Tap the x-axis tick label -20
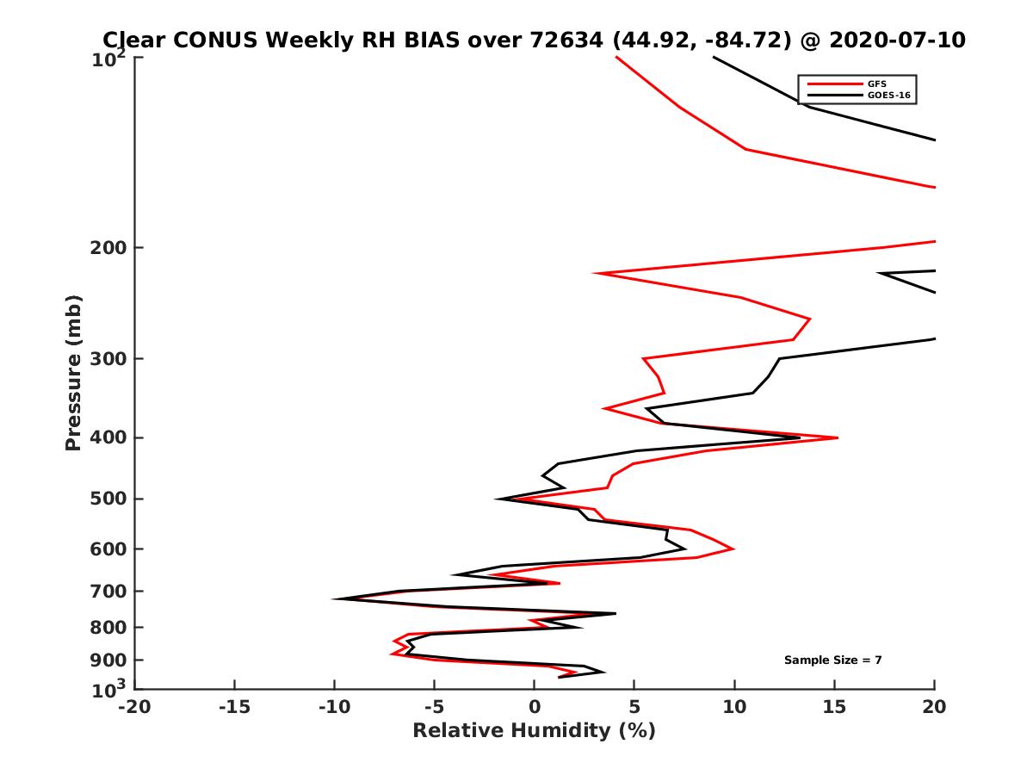pyautogui.click(x=133, y=707)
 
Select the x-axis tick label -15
pyautogui.click(x=233, y=707)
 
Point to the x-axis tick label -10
pyautogui.click(x=333, y=707)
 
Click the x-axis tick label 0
pyautogui.click(x=535, y=707)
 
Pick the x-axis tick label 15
pyautogui.click(x=834, y=707)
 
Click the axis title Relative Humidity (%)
pyautogui.click(x=534, y=731)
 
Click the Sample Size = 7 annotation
pyautogui.click(x=832, y=660)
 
